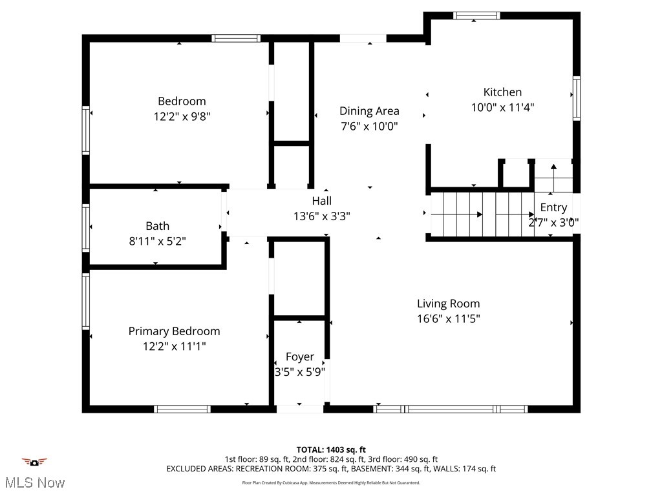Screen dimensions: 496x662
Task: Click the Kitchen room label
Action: pyautogui.click(x=502, y=92)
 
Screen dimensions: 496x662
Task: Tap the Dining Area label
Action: pyautogui.click(x=369, y=111)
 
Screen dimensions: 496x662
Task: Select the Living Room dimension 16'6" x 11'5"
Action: pyautogui.click(x=448, y=318)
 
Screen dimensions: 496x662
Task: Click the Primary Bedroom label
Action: pyautogui.click(x=174, y=331)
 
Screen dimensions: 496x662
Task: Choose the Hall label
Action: pyautogui.click(x=321, y=201)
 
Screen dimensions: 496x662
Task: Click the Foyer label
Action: pyautogui.click(x=300, y=356)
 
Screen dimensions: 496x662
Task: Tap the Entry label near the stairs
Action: pyautogui.click(x=553, y=207)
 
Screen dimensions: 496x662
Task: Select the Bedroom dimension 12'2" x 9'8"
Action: pyautogui.click(x=182, y=116)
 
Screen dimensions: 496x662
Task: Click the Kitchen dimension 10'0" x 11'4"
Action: pyautogui.click(x=502, y=108)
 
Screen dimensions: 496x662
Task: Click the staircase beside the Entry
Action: pyautogui.click(x=482, y=214)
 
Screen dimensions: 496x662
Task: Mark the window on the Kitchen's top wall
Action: pyautogui.click(x=476, y=15)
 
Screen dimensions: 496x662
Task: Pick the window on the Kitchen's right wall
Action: pyautogui.click(x=576, y=98)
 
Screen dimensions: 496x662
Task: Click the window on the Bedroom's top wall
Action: pyautogui.click(x=237, y=38)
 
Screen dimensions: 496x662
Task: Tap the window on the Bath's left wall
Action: pyautogui.click(x=85, y=227)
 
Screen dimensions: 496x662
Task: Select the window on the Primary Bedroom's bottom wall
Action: pyautogui.click(x=182, y=409)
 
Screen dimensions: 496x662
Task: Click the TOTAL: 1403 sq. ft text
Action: pyautogui.click(x=331, y=449)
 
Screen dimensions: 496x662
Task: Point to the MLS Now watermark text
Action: pyautogui.click(x=34, y=482)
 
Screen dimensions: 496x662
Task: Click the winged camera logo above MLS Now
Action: pyautogui.click(x=34, y=462)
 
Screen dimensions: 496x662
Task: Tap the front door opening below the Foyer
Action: pyautogui.click(x=300, y=409)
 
